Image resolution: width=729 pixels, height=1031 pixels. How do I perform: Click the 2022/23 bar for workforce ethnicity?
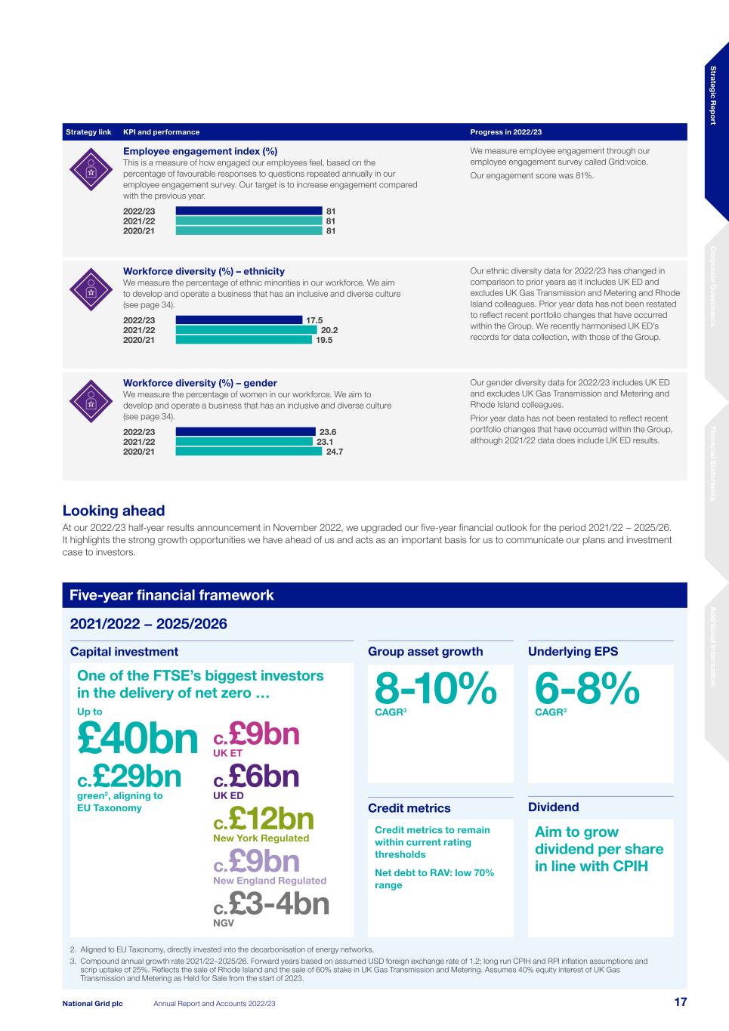click(x=239, y=320)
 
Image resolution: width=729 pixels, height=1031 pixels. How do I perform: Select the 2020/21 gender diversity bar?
click(x=249, y=452)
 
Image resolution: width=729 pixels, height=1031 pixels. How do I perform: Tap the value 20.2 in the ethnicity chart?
click(x=329, y=330)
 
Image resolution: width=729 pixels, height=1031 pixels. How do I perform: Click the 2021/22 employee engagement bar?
click(x=249, y=221)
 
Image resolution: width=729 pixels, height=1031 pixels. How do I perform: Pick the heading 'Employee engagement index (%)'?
click(x=200, y=151)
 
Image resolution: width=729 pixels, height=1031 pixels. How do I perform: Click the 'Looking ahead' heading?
click(x=113, y=511)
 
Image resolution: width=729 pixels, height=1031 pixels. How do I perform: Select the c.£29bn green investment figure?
click(x=130, y=776)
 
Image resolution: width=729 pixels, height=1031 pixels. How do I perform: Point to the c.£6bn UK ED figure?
click(x=257, y=776)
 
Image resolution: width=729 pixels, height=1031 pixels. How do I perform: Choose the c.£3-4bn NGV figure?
click(x=272, y=904)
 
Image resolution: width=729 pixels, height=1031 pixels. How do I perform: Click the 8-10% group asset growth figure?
click(x=436, y=689)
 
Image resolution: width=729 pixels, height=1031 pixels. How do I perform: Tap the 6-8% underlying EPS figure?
click(x=587, y=689)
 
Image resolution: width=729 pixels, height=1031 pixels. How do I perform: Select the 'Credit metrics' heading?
click(x=409, y=808)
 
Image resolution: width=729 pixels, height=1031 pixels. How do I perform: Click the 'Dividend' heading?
click(x=554, y=807)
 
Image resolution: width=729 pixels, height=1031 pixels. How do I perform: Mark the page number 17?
click(x=680, y=1002)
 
